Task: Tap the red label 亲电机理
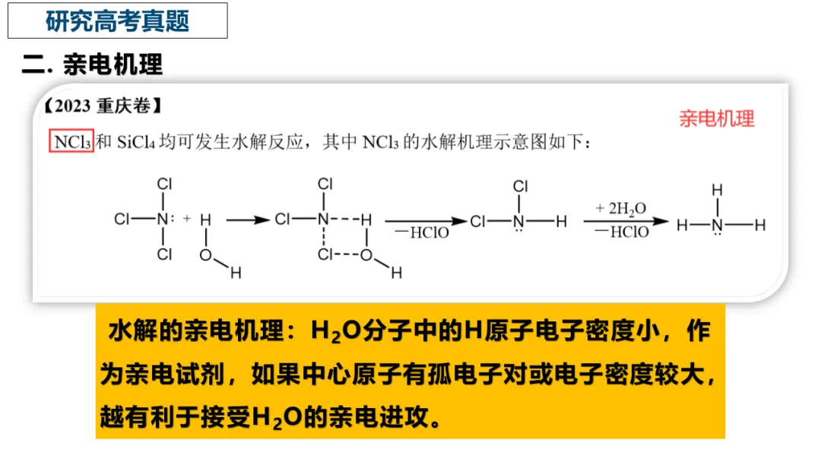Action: (717, 119)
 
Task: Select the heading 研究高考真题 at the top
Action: (117, 21)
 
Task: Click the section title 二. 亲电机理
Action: (92, 65)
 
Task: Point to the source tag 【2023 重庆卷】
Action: (98, 106)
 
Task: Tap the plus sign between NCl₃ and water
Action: (186, 220)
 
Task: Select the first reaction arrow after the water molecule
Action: (247, 220)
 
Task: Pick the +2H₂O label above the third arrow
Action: (621, 208)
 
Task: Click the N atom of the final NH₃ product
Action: (716, 224)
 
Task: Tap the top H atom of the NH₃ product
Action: (716, 189)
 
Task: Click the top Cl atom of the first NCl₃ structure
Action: (164, 184)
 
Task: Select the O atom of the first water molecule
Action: (205, 255)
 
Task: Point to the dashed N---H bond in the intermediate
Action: (346, 220)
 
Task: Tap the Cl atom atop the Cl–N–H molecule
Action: (520, 186)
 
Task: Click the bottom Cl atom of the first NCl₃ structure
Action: (164, 255)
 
